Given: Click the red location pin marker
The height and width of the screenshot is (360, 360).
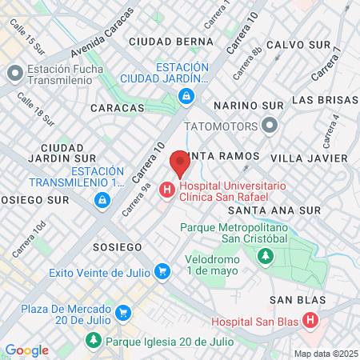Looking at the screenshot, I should click(x=179, y=163).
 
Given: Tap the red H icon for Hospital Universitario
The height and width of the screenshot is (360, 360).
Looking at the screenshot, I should click(x=166, y=190).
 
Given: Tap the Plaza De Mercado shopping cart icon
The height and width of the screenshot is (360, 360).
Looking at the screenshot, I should click(x=122, y=312).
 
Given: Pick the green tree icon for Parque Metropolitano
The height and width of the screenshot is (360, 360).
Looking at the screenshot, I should click(x=264, y=256).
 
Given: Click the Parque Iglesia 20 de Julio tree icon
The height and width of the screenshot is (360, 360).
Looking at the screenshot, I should click(x=94, y=342).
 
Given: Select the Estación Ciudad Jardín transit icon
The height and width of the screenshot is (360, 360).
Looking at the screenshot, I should click(x=186, y=97).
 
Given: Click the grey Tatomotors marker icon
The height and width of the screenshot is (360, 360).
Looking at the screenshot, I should click(x=270, y=126).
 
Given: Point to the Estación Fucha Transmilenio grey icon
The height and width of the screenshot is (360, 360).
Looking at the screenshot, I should click(x=14, y=74).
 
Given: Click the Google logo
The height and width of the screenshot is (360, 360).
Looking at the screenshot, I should click(x=26, y=350).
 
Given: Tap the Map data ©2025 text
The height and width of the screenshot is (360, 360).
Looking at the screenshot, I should click(x=326, y=354).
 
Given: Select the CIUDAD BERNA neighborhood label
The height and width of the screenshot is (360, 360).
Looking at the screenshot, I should click(x=170, y=40).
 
